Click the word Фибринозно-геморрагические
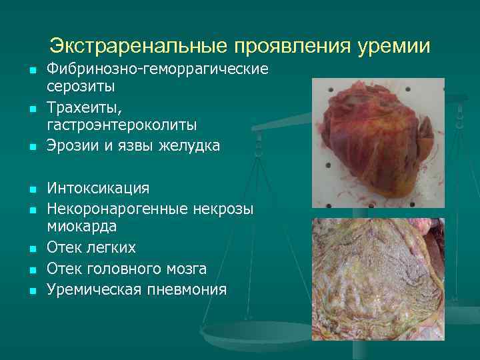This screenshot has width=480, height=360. pyautogui.click(x=157, y=69)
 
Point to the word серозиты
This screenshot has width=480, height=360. pyautogui.click(x=81, y=86)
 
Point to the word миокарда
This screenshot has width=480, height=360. pyautogui.click(x=81, y=226)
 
